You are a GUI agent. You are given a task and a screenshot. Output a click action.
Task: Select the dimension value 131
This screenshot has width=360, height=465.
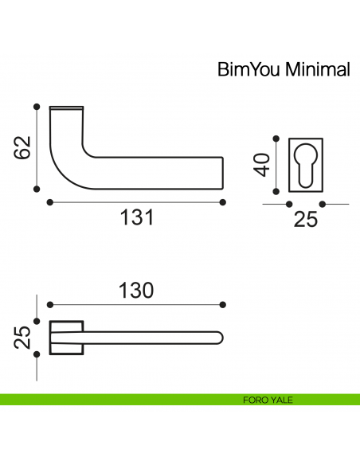(136, 217)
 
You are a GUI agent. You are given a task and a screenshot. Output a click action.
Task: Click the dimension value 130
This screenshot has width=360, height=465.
(136, 291)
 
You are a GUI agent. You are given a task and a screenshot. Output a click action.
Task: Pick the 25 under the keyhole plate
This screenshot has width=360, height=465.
(306, 219)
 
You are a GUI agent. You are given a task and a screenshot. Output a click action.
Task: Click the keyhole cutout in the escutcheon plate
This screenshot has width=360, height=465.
(303, 164)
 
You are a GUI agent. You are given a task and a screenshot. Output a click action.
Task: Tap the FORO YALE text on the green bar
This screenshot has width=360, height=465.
(268, 400)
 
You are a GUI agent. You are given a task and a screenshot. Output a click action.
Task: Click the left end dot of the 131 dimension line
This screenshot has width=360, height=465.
(49, 201)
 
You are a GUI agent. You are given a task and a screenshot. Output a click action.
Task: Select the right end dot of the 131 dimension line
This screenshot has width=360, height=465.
(223, 201)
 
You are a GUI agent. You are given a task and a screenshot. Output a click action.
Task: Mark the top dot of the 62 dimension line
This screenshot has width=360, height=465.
(36, 105)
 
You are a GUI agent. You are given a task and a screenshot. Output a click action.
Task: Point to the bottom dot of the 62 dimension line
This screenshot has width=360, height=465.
(36, 189)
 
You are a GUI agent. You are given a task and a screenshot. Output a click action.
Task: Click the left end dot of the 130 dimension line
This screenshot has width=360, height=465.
(49, 304)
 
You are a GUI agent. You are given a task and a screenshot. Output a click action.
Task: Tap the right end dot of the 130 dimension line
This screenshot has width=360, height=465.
(223, 304)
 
